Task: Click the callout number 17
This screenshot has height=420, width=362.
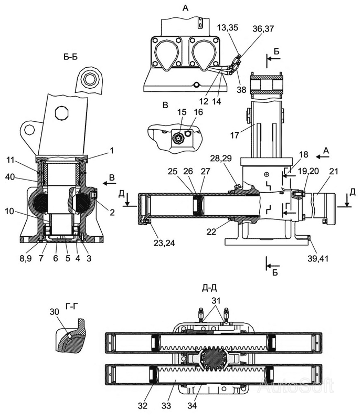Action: tap(235, 135)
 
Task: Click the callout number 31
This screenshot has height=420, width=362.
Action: tap(216, 300)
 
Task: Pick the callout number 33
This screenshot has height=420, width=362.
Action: tap(166, 406)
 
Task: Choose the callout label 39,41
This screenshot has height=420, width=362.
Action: tap(318, 258)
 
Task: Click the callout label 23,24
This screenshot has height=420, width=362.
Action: tap(164, 243)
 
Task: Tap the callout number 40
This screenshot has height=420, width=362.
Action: tap(10, 177)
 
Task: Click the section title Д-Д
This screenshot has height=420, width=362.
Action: tap(209, 288)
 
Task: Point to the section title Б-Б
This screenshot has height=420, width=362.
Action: tap(71, 57)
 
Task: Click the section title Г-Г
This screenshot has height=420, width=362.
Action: tap(70, 306)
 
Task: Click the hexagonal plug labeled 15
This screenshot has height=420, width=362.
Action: tap(177, 138)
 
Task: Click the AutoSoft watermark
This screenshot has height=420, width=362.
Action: tap(296, 386)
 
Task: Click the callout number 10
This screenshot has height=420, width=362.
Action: tap(9, 211)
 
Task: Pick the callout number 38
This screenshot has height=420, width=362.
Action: tap(241, 89)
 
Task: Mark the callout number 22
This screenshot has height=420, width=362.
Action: tap(211, 232)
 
